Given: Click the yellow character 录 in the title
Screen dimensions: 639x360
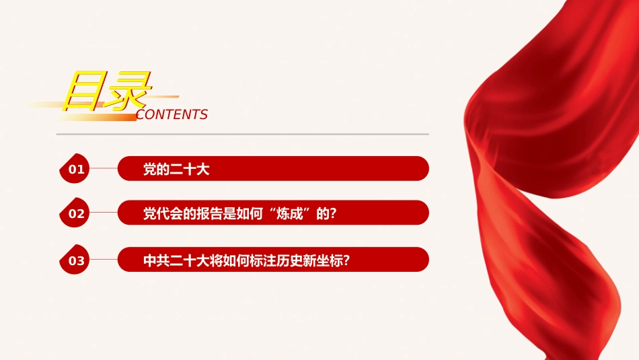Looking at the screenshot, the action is (128, 91).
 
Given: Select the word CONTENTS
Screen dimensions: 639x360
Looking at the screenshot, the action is (172, 114).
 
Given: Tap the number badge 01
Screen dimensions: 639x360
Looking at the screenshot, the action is (75, 168).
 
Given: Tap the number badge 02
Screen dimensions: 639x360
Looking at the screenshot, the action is (75, 213).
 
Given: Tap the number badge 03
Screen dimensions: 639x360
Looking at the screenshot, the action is (75, 259).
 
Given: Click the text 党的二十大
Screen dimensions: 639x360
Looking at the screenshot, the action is (176, 169).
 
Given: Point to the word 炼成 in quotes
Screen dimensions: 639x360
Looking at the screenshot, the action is (289, 213).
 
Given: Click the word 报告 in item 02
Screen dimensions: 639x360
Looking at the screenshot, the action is (209, 213).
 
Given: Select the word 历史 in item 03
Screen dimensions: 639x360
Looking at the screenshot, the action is (289, 260).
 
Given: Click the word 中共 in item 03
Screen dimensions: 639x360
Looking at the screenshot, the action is (157, 260).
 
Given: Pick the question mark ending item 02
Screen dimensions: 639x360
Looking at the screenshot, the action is (334, 213).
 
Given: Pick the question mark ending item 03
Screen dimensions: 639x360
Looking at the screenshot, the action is (346, 260).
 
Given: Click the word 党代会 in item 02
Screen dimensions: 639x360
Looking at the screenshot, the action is (163, 213).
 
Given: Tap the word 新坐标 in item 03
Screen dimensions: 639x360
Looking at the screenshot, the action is (322, 260).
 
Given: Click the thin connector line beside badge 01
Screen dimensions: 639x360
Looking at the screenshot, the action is (104, 168).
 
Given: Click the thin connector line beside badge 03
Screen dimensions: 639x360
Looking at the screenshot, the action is (104, 259).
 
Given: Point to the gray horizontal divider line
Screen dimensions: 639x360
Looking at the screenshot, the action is (242, 134).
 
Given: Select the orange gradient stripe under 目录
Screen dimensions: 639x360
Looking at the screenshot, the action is (98, 117).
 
